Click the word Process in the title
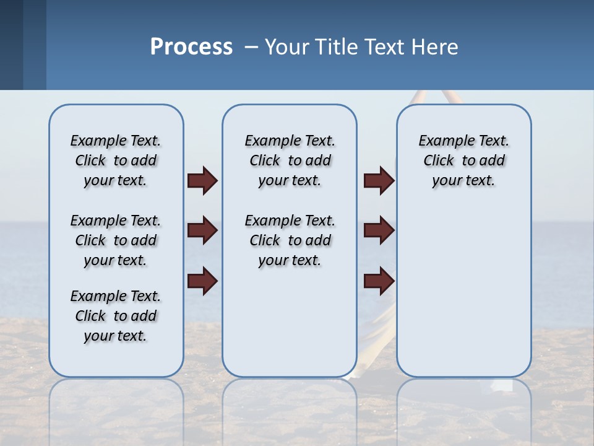tap(191, 47)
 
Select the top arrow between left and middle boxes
tap(202, 181)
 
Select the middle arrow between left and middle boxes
tap(202, 231)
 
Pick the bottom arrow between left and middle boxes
tap(202, 281)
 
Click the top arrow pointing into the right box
tap(379, 181)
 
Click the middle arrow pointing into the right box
tap(379, 231)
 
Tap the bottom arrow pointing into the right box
tap(379, 281)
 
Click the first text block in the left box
tap(116, 160)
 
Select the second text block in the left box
tap(116, 240)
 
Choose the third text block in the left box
tap(116, 316)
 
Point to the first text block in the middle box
tap(290, 160)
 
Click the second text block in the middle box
tap(290, 240)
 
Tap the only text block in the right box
tap(463, 160)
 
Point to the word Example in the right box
tap(441, 141)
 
